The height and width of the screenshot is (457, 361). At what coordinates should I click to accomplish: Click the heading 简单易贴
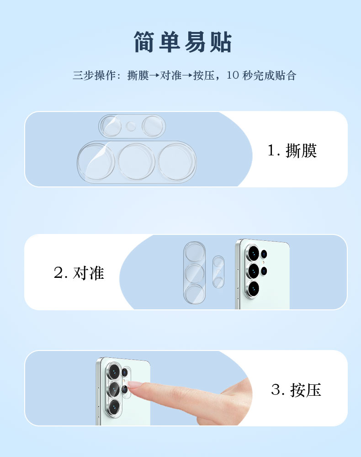click(x=183, y=42)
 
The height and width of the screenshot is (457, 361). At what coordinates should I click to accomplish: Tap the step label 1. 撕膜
click(x=292, y=151)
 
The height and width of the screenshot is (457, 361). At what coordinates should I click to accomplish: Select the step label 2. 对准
click(x=79, y=273)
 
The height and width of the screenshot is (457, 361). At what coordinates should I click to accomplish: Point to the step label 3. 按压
click(x=296, y=390)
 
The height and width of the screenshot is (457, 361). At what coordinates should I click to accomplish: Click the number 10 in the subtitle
click(x=233, y=75)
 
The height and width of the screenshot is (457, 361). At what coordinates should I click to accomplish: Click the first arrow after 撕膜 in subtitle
click(x=154, y=75)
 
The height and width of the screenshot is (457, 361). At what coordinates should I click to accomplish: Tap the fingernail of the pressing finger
click(x=133, y=384)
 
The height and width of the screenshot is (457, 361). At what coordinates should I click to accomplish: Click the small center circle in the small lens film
click(x=131, y=127)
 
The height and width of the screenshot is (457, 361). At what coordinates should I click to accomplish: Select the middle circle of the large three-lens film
click(x=136, y=161)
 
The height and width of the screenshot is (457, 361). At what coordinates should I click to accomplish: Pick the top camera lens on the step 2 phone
click(x=253, y=253)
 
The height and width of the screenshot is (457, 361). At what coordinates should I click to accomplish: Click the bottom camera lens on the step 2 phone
click(x=253, y=289)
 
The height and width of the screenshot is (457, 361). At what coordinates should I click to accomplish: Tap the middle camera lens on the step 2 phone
click(x=253, y=271)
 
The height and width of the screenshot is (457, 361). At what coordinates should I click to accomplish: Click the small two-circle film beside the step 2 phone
click(x=218, y=271)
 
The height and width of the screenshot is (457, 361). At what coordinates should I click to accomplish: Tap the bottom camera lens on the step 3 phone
click(x=114, y=407)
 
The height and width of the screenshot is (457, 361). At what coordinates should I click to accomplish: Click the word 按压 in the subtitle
click(x=204, y=75)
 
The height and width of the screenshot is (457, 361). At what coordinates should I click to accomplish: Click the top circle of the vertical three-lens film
click(x=194, y=252)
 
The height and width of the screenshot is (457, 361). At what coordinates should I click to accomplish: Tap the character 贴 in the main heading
click(x=221, y=42)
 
